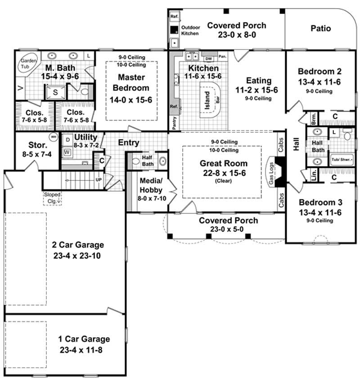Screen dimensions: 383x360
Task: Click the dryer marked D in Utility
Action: [x=67, y=140]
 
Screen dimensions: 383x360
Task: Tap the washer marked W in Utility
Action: [x=67, y=152]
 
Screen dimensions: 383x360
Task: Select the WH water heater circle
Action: [x=54, y=137]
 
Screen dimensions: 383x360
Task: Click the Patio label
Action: [x=321, y=28]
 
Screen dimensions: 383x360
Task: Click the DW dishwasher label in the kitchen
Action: [x=208, y=59]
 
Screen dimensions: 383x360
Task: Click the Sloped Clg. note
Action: [x=52, y=198]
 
